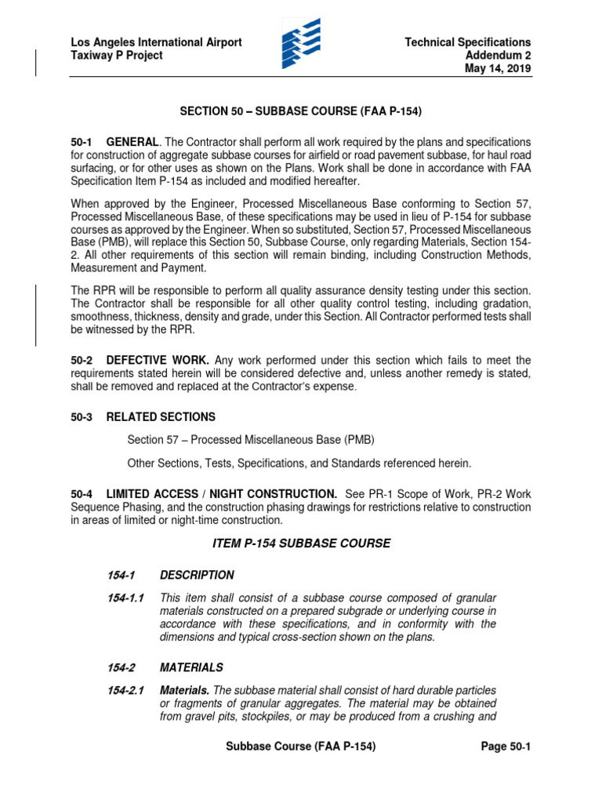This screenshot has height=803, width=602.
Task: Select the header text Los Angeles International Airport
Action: (x=156, y=42)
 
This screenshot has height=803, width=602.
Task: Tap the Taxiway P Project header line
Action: (x=117, y=56)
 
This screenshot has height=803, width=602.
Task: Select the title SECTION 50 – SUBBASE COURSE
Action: (x=301, y=112)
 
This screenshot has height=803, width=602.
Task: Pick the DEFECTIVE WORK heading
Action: (x=158, y=360)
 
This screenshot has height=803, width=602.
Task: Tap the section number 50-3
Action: (x=82, y=417)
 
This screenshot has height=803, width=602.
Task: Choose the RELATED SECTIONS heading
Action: (x=161, y=417)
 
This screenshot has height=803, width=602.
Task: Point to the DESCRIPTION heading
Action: (x=197, y=575)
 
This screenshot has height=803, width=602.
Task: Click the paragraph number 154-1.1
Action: (x=126, y=598)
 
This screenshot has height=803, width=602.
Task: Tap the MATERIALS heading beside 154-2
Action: (x=191, y=667)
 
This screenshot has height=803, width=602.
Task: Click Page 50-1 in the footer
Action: (x=506, y=747)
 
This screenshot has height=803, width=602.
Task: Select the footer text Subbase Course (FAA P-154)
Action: (x=301, y=747)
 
